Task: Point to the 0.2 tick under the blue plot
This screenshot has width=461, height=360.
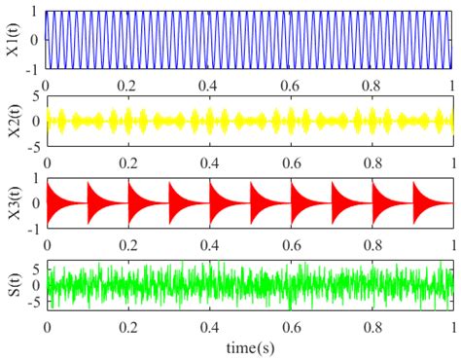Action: (127, 85)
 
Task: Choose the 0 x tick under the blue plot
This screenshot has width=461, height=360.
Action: (47, 85)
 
